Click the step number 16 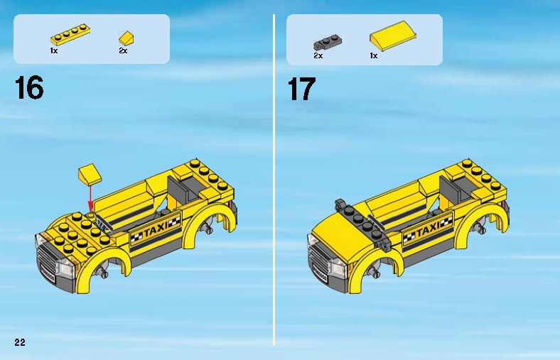pos(29,87)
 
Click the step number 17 pos(302,89)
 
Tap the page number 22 pos(20,342)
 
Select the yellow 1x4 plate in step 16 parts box pos(70,34)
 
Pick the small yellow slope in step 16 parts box pos(126,38)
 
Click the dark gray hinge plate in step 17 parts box pos(328,43)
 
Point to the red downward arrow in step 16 pos(91,198)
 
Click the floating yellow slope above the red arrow pos(90,175)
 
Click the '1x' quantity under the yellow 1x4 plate pos(54,50)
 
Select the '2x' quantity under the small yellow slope pos(123,50)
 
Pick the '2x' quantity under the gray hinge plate pos(318,55)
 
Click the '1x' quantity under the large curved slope pos(374,55)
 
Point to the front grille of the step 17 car pos(321,260)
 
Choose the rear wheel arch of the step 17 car pos(482,222)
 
